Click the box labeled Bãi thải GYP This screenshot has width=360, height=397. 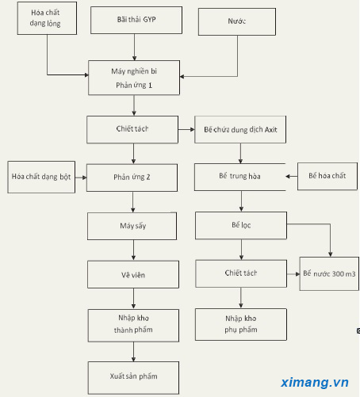136,20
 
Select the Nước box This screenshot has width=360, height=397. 237,21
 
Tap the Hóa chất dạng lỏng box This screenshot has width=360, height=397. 47,18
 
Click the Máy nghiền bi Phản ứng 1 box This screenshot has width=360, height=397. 134,78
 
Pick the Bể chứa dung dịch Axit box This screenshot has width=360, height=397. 240,129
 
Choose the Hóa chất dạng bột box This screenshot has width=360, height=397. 41,177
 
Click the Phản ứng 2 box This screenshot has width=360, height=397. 132,178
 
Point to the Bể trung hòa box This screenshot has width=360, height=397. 240,177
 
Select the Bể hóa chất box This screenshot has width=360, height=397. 327,176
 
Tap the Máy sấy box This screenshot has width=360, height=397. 132,226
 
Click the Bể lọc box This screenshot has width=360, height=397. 241,225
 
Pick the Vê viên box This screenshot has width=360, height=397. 133,274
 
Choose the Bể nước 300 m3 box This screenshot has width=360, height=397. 329,273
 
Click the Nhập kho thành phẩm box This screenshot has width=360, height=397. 133,326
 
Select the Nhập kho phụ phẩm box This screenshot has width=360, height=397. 241,324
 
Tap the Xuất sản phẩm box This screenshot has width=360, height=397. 133,378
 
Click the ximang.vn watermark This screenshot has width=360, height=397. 315,382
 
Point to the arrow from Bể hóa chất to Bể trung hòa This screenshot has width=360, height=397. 292,177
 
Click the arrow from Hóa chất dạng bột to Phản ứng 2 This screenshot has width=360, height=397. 81,178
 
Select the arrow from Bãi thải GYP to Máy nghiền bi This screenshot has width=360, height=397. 134,48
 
